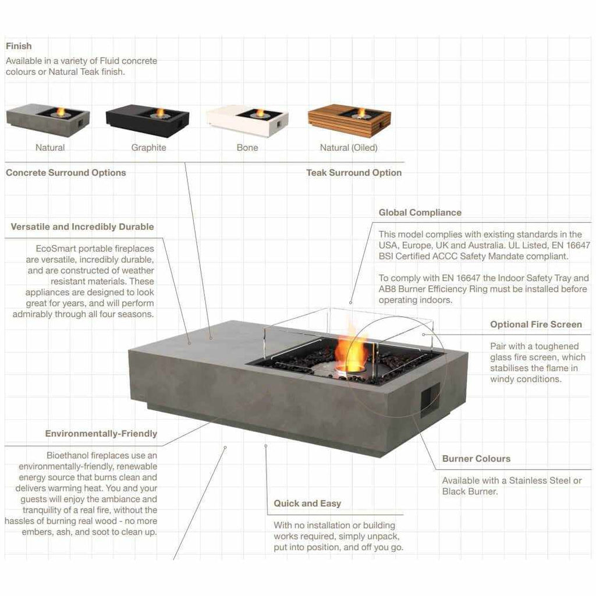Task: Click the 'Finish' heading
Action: coord(19,46)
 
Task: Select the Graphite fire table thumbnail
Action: coord(147,121)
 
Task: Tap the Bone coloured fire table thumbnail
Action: coord(247,121)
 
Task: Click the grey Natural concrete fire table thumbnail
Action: coord(48,121)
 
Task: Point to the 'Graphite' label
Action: coord(148,147)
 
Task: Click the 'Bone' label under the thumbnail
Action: coord(247,147)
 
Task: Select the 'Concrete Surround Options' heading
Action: coord(66,172)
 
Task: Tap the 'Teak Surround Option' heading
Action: coord(354,172)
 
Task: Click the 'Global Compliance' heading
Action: coord(420,212)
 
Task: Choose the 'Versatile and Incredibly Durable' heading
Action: coord(82,226)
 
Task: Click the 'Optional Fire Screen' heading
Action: coord(536,324)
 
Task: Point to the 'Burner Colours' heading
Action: coord(476,459)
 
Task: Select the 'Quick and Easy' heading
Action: coord(307,503)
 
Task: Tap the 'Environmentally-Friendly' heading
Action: coord(101,434)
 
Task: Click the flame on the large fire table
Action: coord(351,350)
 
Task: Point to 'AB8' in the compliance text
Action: coord(387,289)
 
